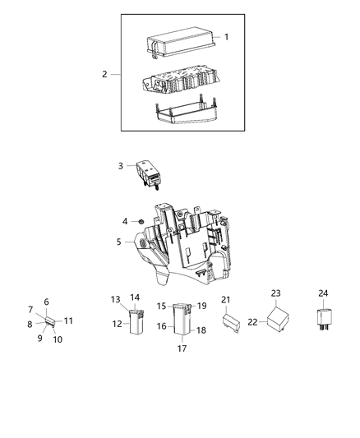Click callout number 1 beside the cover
(227, 37)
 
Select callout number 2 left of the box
(105, 75)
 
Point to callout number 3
(121, 166)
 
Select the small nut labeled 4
(141, 222)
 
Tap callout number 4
(125, 222)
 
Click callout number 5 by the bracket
(119, 243)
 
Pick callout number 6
(47, 302)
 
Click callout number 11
(69, 320)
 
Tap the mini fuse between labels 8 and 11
(50, 321)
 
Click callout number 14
(135, 297)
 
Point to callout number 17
(182, 348)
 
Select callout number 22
(252, 322)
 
